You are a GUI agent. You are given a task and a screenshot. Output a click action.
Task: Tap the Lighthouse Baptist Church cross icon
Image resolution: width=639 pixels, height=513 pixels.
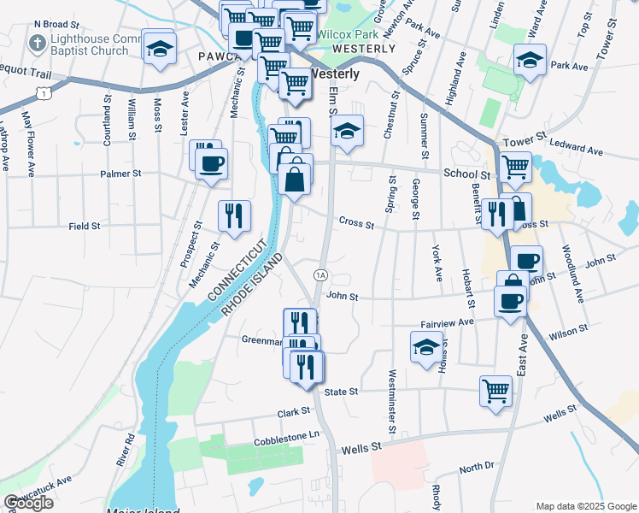pos(38,43)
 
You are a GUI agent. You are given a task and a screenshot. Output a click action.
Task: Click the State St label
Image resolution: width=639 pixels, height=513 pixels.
pos(339,389)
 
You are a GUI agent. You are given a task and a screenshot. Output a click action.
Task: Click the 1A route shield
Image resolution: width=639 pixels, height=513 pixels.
pos(320,274)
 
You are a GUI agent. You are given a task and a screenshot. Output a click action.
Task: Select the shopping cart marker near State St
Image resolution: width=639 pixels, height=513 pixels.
pos(495,390)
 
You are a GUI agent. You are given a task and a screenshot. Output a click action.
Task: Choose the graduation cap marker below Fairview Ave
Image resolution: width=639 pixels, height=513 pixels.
pos(425,347)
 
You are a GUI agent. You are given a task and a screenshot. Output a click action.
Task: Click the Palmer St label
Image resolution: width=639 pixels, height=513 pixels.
pos(120,174)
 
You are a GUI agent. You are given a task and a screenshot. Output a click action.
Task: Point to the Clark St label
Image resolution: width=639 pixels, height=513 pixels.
pos(293,412)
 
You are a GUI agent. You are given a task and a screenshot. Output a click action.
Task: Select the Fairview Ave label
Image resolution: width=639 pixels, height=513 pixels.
pos(447,322)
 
